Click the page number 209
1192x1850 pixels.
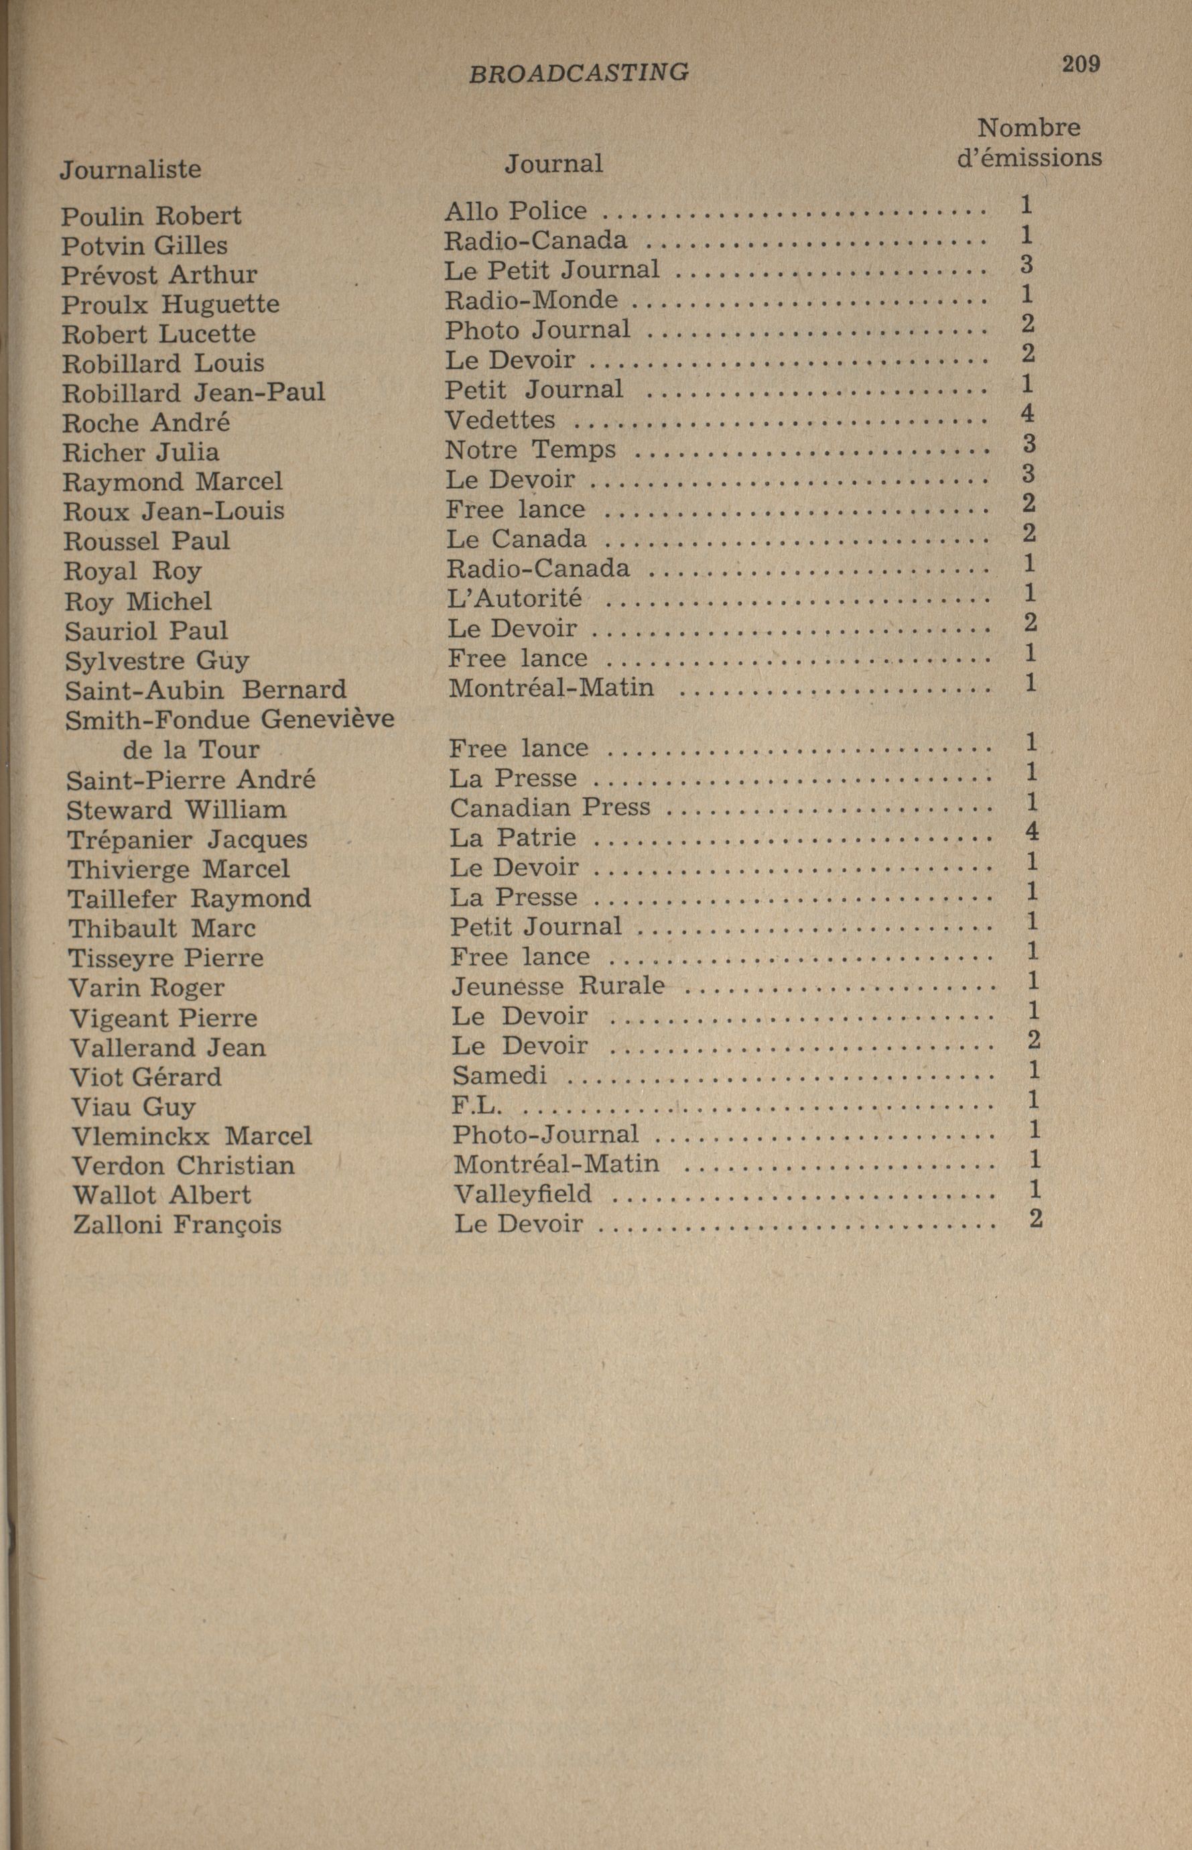pyautogui.click(x=1081, y=64)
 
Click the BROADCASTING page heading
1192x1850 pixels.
pyautogui.click(x=578, y=73)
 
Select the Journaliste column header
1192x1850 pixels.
pyautogui.click(x=131, y=170)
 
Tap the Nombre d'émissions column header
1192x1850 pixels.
pyautogui.click(x=1029, y=142)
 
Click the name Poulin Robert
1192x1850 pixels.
pyautogui.click(x=151, y=215)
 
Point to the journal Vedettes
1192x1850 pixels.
pyautogui.click(x=500, y=420)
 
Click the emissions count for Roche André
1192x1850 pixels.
pyautogui.click(x=1027, y=414)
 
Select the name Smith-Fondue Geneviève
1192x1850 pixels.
pyautogui.click(x=230, y=720)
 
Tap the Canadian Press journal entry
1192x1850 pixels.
pyautogui.click(x=550, y=808)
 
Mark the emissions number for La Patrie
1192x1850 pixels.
pyautogui.click(x=1031, y=831)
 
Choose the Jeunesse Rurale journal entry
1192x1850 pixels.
pyautogui.click(x=558, y=986)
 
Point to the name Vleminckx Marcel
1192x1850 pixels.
pyautogui.click(x=192, y=1136)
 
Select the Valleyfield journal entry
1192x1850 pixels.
pyautogui.click(x=523, y=1194)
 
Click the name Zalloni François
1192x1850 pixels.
pyautogui.click(x=178, y=1224)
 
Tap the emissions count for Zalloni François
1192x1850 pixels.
pyautogui.click(x=1037, y=1218)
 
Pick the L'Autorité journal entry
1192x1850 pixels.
pyautogui.click(x=515, y=599)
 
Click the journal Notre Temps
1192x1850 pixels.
pyautogui.click(x=531, y=449)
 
